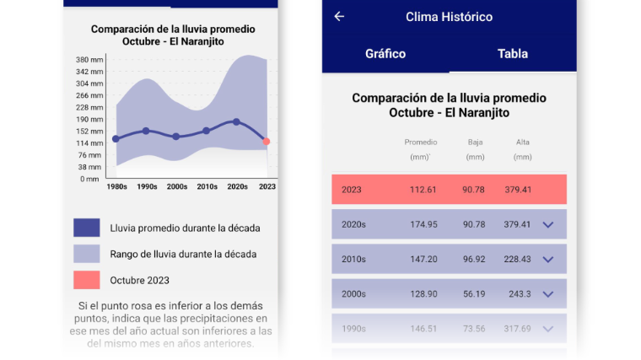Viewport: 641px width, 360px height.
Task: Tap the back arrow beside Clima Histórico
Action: [x=339, y=17]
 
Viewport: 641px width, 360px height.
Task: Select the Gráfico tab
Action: [x=385, y=54]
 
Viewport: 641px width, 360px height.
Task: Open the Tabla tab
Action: [x=513, y=54]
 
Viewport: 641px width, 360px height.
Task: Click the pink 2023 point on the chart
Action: [x=267, y=142]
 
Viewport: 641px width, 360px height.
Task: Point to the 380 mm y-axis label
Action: [x=89, y=60]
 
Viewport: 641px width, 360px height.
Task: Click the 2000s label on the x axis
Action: [x=177, y=186]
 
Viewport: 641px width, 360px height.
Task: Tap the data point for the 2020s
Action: [x=236, y=122]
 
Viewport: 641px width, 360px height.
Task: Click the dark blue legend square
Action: [x=86, y=228]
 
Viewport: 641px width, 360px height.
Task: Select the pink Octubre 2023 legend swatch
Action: [x=86, y=280]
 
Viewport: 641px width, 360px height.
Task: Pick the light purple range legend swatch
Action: [x=86, y=254]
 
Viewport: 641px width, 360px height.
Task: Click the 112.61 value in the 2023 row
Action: [x=423, y=190]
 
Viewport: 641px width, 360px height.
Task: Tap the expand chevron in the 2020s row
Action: [x=548, y=224]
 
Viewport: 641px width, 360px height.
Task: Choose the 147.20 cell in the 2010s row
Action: [x=423, y=260]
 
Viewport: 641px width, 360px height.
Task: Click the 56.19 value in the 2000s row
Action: [x=473, y=294]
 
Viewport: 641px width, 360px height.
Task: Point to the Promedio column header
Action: [x=420, y=142]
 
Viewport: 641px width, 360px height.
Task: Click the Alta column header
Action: [x=523, y=142]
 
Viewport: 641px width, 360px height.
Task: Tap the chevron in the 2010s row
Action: [x=548, y=260]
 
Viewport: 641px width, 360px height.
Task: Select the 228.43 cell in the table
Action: [x=517, y=260]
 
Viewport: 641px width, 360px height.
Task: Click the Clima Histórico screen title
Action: [x=449, y=17]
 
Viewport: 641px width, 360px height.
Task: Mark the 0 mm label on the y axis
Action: [x=89, y=179]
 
